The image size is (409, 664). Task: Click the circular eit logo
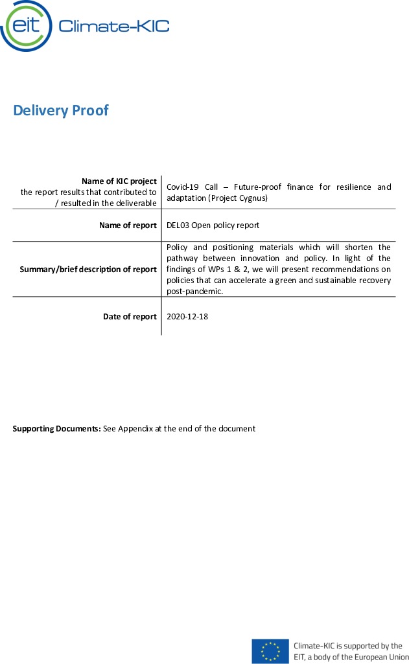click(x=26, y=26)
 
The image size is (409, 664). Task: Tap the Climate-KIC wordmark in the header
click(x=113, y=26)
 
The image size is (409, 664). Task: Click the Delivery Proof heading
click(x=61, y=111)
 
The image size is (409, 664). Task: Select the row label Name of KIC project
click(x=119, y=181)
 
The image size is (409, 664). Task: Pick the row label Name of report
click(x=128, y=225)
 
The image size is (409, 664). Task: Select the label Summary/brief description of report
click(x=88, y=269)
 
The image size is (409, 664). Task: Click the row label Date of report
click(x=130, y=317)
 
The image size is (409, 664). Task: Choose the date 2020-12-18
click(x=187, y=317)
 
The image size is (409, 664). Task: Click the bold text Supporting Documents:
click(x=57, y=429)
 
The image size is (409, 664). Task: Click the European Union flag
click(x=270, y=651)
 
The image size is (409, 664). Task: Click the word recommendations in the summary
click(x=350, y=269)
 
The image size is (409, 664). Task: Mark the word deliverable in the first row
click(x=135, y=203)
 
